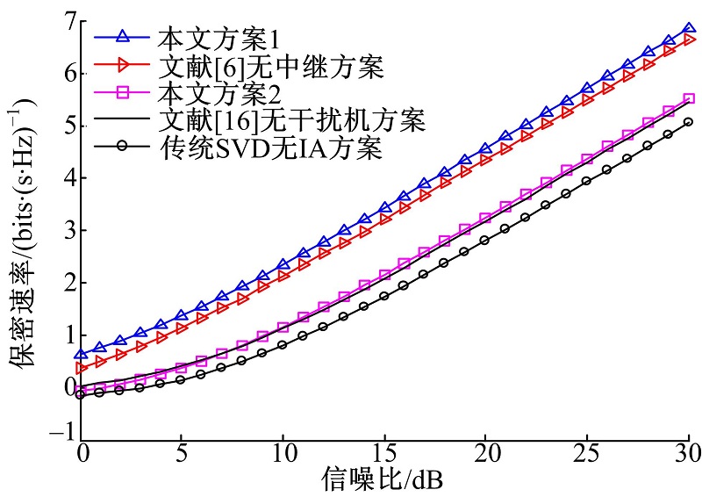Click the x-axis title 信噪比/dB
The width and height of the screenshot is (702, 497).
[386, 479]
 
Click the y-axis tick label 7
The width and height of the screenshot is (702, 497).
[62, 21]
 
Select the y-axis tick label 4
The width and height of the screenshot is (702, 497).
[62, 178]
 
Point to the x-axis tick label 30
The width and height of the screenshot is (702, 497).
[687, 454]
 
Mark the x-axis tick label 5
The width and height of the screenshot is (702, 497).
[181, 454]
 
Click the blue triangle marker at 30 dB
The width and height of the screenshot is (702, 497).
[689, 29]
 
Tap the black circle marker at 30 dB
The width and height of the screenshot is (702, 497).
[689, 122]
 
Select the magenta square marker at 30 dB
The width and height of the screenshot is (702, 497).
[689, 99]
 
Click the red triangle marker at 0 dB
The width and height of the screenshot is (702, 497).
[81, 368]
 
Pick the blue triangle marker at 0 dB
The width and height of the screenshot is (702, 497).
[81, 355]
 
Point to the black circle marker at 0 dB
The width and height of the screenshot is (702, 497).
[81, 395]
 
